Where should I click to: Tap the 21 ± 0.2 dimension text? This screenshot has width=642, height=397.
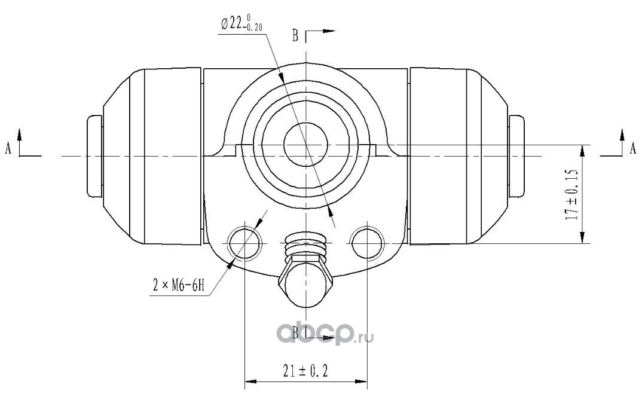pos(305,371)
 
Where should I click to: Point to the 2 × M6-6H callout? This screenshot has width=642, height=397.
pos(179,285)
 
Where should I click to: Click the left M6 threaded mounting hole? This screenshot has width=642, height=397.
pos(244,243)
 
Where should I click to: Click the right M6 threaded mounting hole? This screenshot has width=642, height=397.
pos(367,243)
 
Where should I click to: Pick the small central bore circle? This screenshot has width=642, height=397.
pos(306,145)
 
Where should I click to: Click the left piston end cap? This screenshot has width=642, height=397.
pos(94,156)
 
